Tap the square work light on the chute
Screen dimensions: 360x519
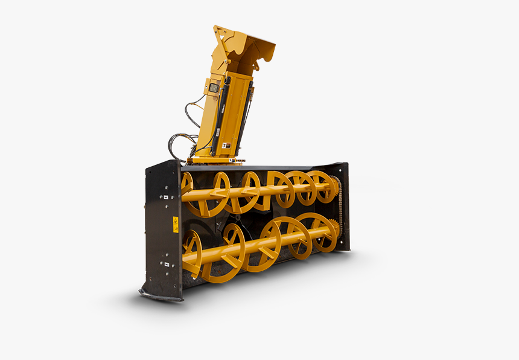tap(214, 88)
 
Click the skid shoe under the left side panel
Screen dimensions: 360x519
tap(160, 295)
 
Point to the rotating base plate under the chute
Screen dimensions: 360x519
tap(215, 161)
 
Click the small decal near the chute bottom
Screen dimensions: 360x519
tap(224, 146)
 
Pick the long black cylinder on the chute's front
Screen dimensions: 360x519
tap(221, 120)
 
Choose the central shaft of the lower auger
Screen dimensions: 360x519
tap(259, 245)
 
